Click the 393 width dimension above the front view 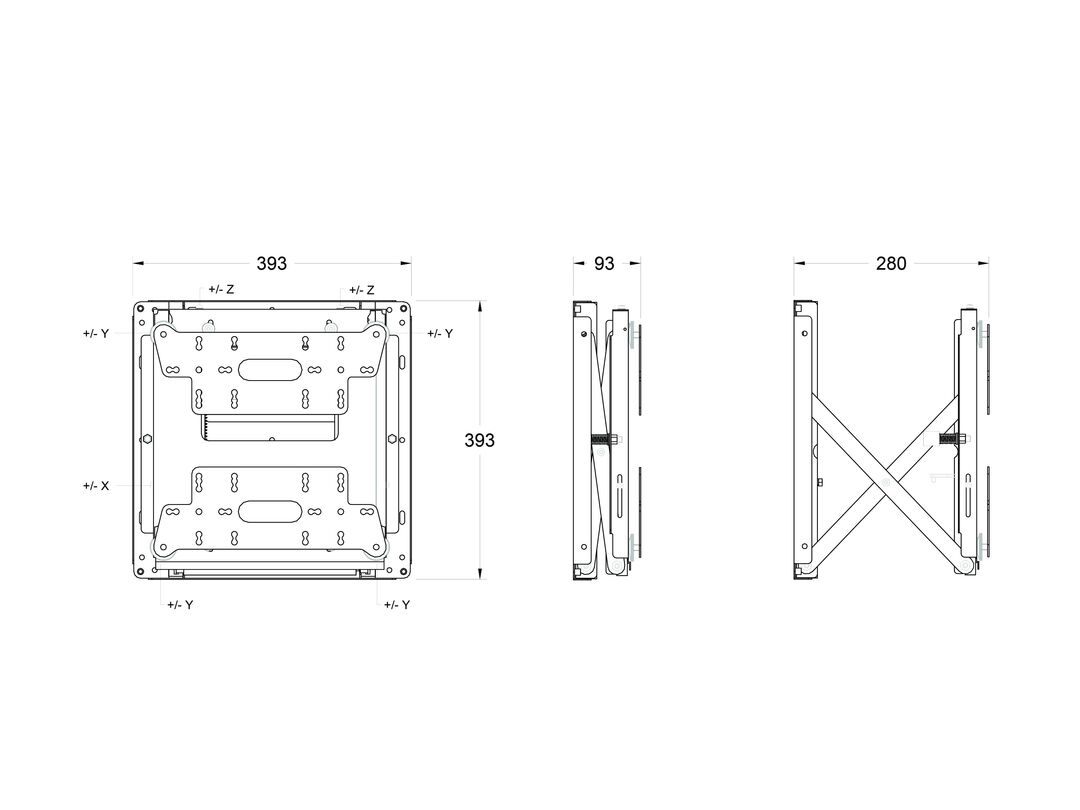click(271, 263)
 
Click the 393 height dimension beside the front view click(479, 440)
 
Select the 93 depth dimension click(604, 263)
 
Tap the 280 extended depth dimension click(891, 263)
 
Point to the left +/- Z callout click(221, 290)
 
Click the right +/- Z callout click(362, 291)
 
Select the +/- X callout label click(96, 486)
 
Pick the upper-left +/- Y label click(96, 333)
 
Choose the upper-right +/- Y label click(440, 333)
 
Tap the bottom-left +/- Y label click(180, 605)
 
